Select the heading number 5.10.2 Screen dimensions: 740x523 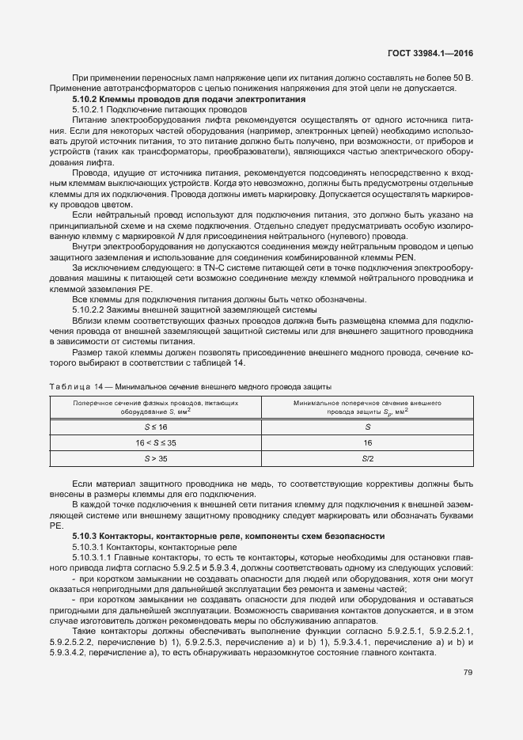click(83, 99)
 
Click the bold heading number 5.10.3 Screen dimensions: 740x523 click(83, 536)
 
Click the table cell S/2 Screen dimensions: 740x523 click(367, 457)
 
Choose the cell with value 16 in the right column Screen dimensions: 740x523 click(367, 442)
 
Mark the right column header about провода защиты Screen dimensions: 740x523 click(367, 408)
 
